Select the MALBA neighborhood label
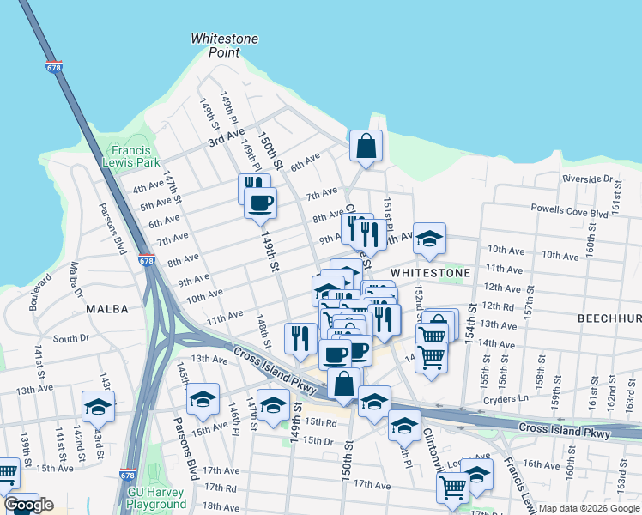click(107, 308)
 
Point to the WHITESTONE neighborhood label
click(430, 272)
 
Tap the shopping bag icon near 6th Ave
click(366, 146)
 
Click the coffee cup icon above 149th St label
click(260, 203)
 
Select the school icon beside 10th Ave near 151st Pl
click(429, 239)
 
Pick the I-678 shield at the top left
click(54, 68)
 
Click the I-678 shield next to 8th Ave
click(146, 260)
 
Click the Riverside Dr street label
click(587, 179)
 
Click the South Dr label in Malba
click(66, 339)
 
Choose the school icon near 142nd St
click(98, 407)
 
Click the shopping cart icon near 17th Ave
click(452, 487)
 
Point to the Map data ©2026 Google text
click(588, 508)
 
